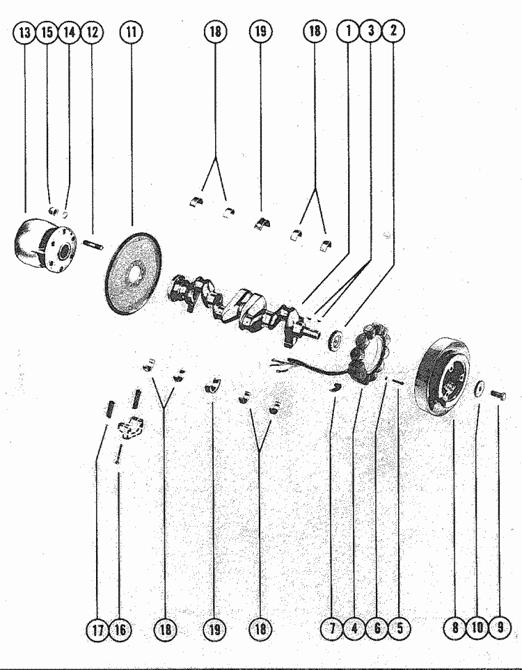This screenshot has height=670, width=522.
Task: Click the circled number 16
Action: pyautogui.click(x=120, y=630)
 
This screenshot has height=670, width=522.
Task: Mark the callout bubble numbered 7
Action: pyautogui.click(x=332, y=630)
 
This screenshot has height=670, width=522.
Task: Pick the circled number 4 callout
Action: pyautogui.click(x=354, y=630)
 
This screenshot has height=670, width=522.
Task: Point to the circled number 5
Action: pyautogui.click(x=399, y=630)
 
